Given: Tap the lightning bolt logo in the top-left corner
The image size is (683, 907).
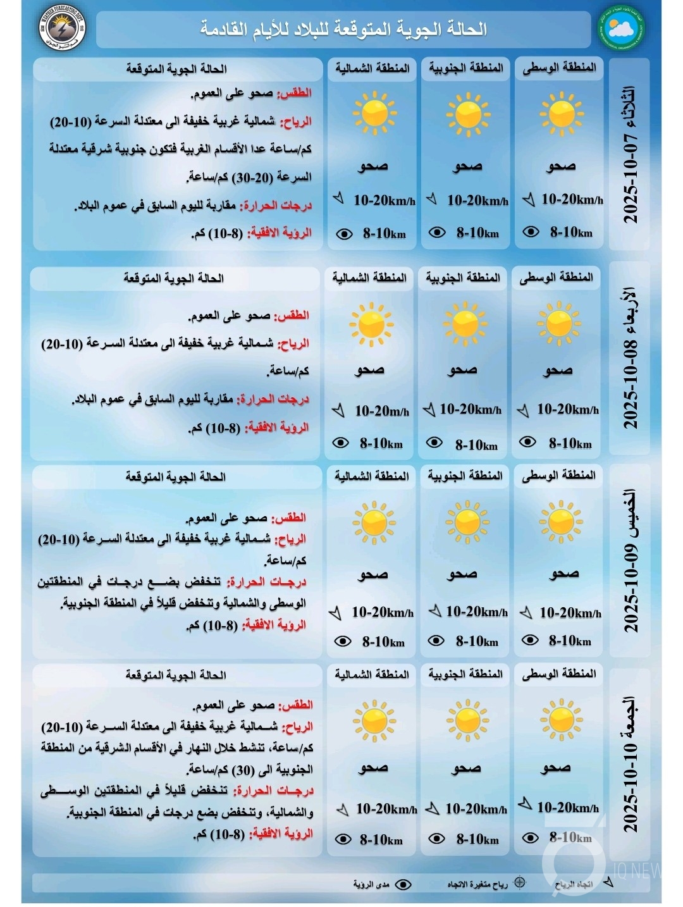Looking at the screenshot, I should pos(61,28).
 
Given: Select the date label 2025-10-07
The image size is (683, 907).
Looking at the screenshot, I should pos(631,177).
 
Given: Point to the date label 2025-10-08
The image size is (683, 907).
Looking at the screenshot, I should pos(631,386).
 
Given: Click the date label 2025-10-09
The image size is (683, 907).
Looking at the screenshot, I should pos(631,588).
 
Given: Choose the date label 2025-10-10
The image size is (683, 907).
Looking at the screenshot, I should pos(631,787).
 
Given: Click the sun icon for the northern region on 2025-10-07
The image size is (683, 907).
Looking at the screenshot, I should pos(374,114).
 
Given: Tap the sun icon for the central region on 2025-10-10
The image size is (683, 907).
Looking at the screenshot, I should pos(560,720).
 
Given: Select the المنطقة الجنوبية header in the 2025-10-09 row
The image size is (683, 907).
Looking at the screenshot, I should pos(465,476).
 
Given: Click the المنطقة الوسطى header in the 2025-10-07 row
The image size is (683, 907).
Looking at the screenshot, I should pos(559,68).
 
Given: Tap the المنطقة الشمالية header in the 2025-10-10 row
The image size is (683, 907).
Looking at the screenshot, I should pos(372,674).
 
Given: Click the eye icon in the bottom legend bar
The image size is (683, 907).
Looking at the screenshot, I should pos(403,884).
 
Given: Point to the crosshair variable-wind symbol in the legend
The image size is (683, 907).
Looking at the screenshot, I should pos(519,882).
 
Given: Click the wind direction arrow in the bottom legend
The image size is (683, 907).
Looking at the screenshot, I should pos(608,882).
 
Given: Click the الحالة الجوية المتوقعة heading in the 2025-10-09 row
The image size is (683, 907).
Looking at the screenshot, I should pos(175,477).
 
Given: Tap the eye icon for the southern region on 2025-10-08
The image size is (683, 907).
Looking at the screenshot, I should pos(434,443).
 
